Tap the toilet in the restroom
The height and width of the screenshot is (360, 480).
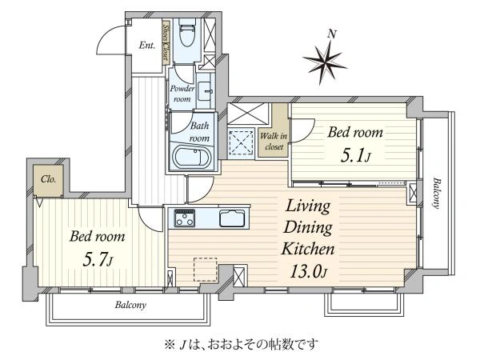[x=186, y=35]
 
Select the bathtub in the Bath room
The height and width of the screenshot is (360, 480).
[x=190, y=156]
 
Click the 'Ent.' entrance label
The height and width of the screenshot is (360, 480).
[x=146, y=46]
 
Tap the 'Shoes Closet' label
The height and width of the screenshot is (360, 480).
[x=166, y=42]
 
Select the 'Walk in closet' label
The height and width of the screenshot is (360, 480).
[x=273, y=142]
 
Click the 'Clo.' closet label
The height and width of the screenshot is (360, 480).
[x=47, y=179]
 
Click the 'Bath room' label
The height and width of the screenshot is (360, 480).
[x=199, y=131]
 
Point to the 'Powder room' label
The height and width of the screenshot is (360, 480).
[x=181, y=94]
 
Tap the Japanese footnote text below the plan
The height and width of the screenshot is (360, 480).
[x=239, y=345]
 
